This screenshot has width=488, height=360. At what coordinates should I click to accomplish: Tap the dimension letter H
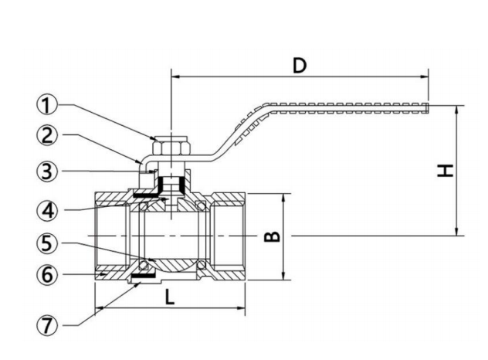pyautogui.click(x=444, y=170)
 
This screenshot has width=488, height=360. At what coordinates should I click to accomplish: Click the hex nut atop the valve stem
pyautogui.click(x=168, y=144)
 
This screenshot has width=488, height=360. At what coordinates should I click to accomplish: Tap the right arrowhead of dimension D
pyautogui.click(x=424, y=76)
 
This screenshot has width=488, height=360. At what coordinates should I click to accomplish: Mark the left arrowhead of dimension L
pyautogui.click(x=98, y=311)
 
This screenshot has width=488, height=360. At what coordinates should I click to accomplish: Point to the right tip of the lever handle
pyautogui.click(x=427, y=104)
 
